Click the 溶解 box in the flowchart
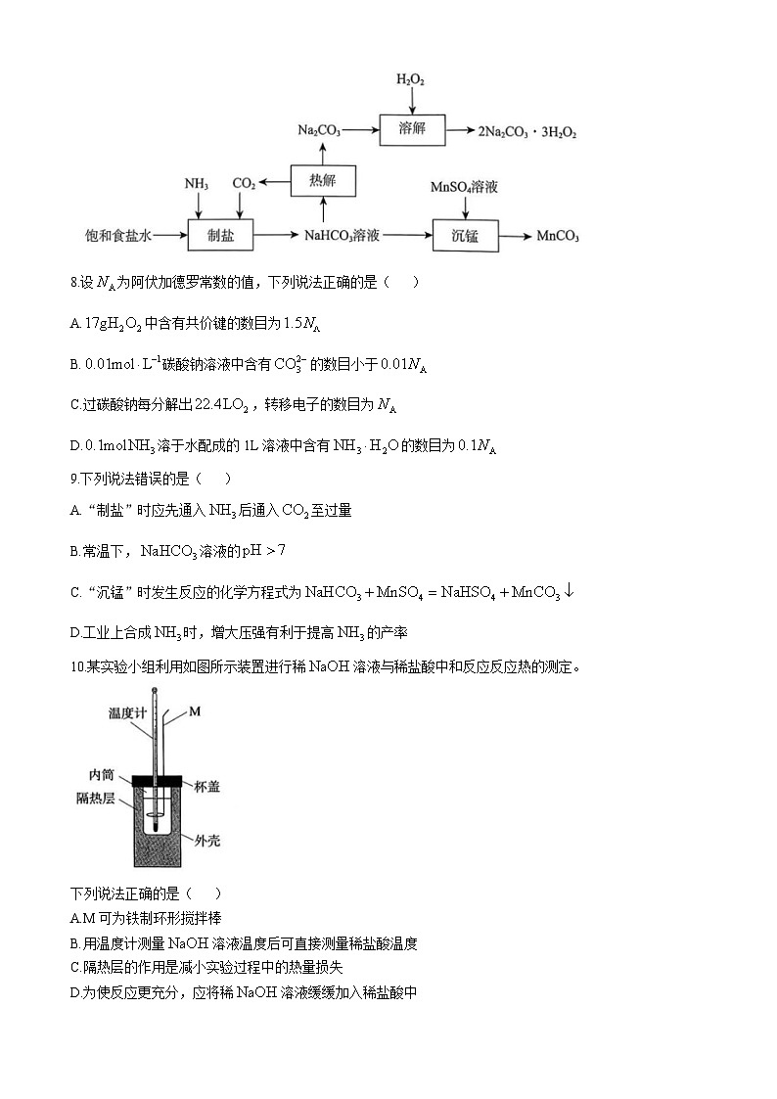coord(412,129)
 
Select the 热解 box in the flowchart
coord(323,181)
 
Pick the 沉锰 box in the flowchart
coord(465,236)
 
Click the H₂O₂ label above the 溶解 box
coord(411,79)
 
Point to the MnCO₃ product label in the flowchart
coord(558,237)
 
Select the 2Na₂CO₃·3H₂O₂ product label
coord(526,130)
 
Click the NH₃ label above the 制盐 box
coord(197,184)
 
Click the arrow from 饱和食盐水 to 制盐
coord(170,236)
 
